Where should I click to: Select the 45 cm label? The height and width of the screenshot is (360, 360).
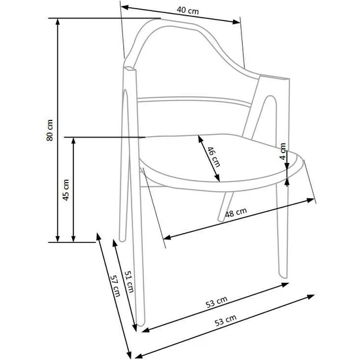point(65,190)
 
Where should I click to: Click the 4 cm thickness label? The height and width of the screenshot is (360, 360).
point(283,154)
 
